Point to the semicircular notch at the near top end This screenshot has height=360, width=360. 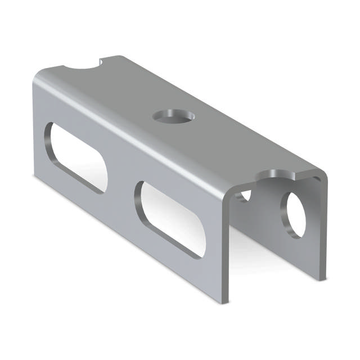pos(276,176)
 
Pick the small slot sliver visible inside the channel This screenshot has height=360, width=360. pos(244,196)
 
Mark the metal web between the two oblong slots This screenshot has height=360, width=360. pos(121,186)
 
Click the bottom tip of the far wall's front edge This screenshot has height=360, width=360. pos(322,277)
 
